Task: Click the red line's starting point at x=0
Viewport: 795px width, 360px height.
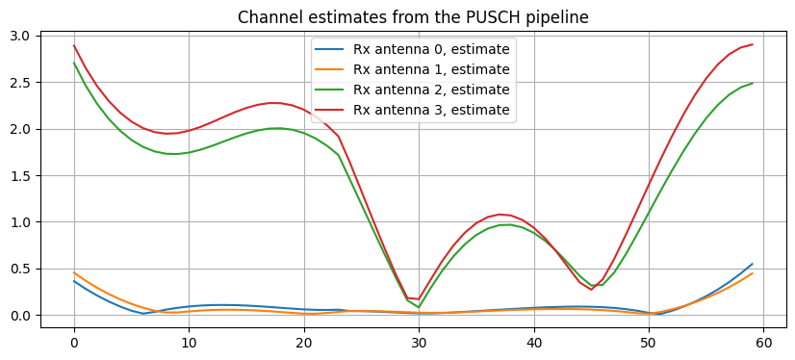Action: pyautogui.click(x=74, y=45)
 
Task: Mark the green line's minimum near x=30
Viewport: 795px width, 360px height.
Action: pyautogui.click(x=419, y=307)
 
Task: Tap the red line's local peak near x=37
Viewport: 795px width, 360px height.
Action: pyautogui.click(x=500, y=214)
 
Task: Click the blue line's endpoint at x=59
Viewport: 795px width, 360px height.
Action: pyautogui.click(x=753, y=264)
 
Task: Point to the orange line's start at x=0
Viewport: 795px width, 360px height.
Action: pyautogui.click(x=74, y=272)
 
